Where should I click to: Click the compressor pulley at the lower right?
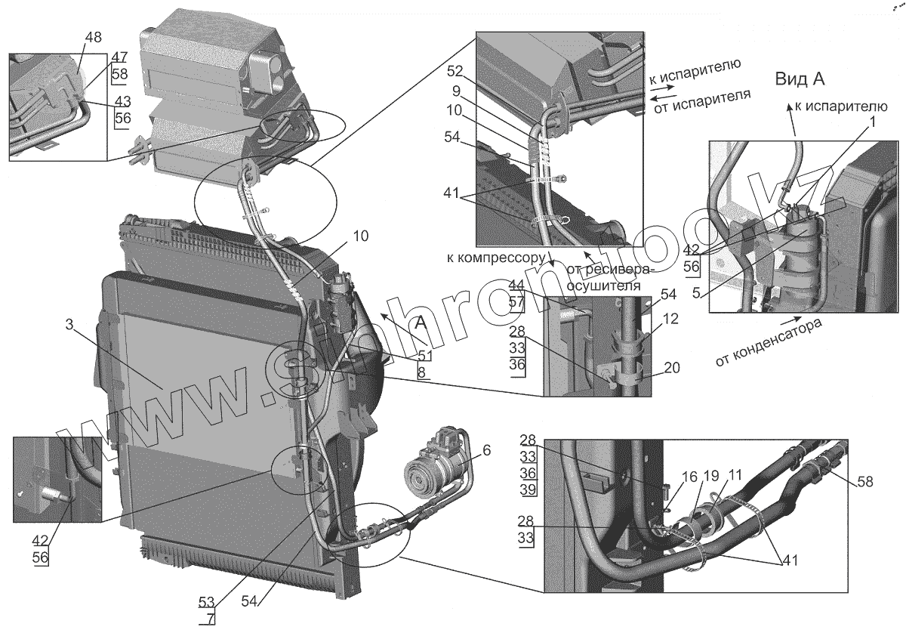click(420, 478)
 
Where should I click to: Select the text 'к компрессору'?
click(495, 258)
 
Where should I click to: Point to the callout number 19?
click(690, 478)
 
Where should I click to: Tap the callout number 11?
click(713, 478)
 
